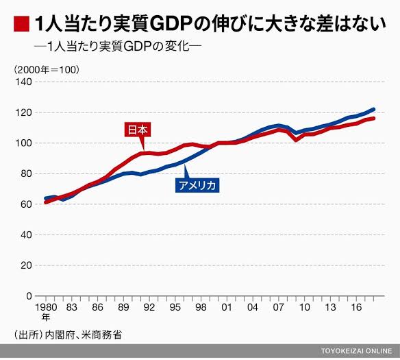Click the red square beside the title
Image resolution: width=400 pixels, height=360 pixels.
[21, 24]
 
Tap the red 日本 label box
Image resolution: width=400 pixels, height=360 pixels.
[138, 130]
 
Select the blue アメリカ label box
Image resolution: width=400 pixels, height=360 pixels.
[197, 185]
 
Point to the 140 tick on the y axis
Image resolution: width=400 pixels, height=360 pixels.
[23, 82]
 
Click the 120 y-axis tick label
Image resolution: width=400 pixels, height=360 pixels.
[23, 112]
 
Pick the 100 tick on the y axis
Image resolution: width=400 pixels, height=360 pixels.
[23, 143]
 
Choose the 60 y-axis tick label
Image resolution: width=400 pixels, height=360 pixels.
[26, 204]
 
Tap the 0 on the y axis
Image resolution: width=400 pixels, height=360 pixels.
[29, 296]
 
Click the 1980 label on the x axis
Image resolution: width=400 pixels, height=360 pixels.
[46, 307]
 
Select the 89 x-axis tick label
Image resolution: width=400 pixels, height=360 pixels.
[123, 307]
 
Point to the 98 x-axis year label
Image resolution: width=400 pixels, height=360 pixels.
[201, 307]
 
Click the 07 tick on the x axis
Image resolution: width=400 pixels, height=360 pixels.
[279, 307]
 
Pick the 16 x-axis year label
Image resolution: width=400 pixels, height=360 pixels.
[356, 307]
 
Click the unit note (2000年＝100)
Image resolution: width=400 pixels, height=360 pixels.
[47, 70]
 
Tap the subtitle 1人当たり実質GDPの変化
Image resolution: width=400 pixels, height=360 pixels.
[118, 47]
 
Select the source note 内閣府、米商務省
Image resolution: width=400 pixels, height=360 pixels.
[83, 335]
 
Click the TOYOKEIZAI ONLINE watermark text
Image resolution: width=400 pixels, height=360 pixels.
[356, 351]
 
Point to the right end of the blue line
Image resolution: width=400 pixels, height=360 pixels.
[373, 109]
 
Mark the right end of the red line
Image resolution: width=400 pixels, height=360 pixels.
[373, 118]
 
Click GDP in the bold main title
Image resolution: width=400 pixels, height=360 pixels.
[171, 24]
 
